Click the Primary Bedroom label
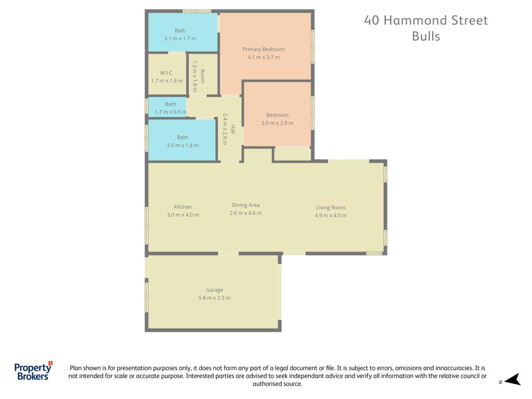coord(263,49)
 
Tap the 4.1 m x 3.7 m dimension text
coord(263,57)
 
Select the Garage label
coord(214,290)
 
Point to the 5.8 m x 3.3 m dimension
coord(214,298)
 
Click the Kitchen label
coord(183,207)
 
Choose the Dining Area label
coord(246,205)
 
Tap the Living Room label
coord(330,207)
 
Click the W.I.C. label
coord(167,73)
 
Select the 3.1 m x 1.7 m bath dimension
coord(180,39)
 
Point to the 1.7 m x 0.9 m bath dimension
coord(171,112)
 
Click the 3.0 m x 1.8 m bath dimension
coord(182,145)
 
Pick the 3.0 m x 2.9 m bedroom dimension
coord(277,123)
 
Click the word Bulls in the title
coord(426,36)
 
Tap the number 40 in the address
coord(372,20)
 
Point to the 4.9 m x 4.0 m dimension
coord(330,215)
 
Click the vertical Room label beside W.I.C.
coord(202,77)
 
